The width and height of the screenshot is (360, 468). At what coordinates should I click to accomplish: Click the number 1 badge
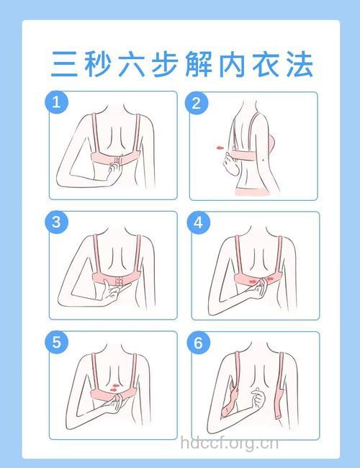(x=57, y=102)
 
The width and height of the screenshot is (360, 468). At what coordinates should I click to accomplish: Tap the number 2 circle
(x=196, y=103)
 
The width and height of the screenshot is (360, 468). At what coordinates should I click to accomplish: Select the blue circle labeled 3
(x=57, y=222)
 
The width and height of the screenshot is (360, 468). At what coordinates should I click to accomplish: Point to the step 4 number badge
(x=198, y=222)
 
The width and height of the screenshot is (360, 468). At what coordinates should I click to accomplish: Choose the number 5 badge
(x=57, y=342)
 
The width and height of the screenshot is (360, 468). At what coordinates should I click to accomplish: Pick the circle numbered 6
(x=198, y=342)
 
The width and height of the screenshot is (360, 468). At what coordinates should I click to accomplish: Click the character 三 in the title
(x=64, y=65)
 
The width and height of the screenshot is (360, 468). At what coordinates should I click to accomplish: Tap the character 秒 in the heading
(x=97, y=65)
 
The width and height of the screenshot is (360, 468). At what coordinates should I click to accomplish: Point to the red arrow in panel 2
(x=216, y=148)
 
